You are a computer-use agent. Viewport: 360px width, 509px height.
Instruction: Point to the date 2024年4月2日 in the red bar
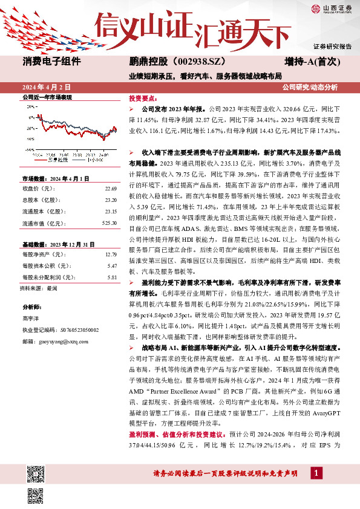47,87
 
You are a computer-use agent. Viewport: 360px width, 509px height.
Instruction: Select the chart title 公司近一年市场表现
47,97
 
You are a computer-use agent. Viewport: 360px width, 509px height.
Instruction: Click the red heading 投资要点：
142,97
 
